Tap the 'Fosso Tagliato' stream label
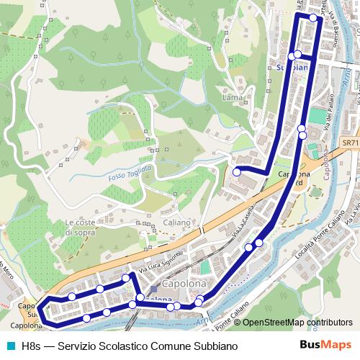130,173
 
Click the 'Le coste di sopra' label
80,228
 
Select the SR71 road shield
350,143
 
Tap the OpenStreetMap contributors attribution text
293,323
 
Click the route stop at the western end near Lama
236,171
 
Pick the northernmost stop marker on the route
313,19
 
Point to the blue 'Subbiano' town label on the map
294,68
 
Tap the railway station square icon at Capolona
153,289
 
